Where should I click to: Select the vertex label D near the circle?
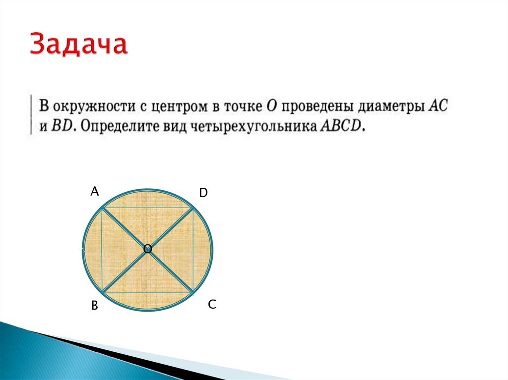[x=203, y=193]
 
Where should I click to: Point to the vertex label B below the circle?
[x=94, y=307]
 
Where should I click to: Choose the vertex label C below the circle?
[x=212, y=305]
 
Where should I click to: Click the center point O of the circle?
[x=147, y=249]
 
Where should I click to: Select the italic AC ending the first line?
[x=438, y=107]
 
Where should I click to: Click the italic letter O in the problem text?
[x=271, y=107]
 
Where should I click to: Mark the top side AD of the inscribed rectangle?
[x=147, y=207]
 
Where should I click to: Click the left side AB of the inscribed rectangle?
[x=102, y=249]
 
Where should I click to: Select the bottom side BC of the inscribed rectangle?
[x=147, y=292]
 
